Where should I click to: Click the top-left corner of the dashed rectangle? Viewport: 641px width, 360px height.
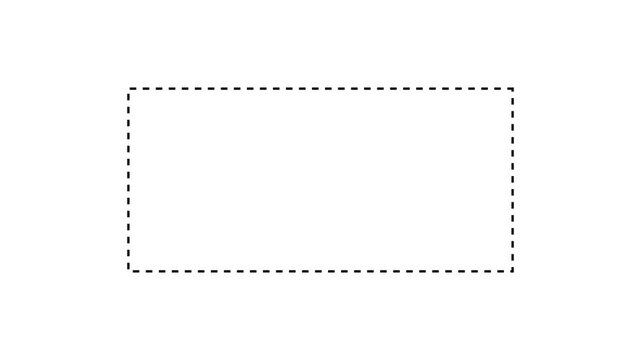coord(129,89)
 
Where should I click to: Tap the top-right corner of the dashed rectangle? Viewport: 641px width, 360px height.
coord(513,89)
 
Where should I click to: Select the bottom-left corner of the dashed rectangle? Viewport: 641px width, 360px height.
coord(129,270)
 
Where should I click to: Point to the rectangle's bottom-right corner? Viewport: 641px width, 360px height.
coord(513,270)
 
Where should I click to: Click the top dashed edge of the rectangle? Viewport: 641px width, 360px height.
coord(250,89)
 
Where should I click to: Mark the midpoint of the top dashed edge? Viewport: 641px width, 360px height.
coord(321,89)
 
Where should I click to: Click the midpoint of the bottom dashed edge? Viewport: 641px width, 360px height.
coord(321,270)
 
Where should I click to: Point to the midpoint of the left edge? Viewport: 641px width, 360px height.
coord(129,180)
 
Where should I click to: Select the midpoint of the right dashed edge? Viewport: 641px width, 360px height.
coord(513,180)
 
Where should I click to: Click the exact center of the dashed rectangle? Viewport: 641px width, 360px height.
coord(321,180)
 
